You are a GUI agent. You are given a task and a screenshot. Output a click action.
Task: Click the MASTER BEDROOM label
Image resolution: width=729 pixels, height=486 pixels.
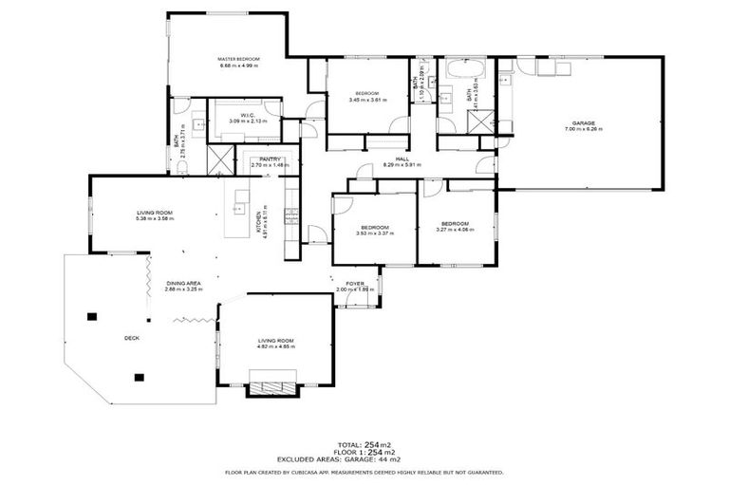[x=239, y=59]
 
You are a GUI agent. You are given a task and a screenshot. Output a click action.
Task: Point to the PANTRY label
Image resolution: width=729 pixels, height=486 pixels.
[x=269, y=159]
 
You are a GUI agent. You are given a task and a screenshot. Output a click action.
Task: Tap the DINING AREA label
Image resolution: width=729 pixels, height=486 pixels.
[x=182, y=283]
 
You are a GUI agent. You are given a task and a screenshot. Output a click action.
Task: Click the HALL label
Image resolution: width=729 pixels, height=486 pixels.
[x=402, y=159]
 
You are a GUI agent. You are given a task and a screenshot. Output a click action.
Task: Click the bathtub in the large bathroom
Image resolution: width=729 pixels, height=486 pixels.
[x=465, y=70]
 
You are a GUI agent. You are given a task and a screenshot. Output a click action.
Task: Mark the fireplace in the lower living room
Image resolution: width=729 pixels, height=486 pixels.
[x=271, y=388]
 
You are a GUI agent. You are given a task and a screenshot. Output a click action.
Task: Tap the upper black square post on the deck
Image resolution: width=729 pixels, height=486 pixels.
[x=93, y=317]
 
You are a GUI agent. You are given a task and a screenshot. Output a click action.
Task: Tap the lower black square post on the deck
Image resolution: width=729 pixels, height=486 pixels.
[x=139, y=377]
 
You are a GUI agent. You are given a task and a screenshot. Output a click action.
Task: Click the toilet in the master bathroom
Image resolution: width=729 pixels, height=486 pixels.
[x=180, y=167]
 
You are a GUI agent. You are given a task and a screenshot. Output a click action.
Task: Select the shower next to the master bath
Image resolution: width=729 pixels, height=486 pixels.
[x=219, y=160]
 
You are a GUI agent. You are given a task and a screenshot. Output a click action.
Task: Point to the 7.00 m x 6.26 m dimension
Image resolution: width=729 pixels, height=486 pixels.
[x=586, y=129]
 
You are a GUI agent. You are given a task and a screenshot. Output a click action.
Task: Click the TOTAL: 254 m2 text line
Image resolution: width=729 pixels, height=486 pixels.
[x=364, y=444]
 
